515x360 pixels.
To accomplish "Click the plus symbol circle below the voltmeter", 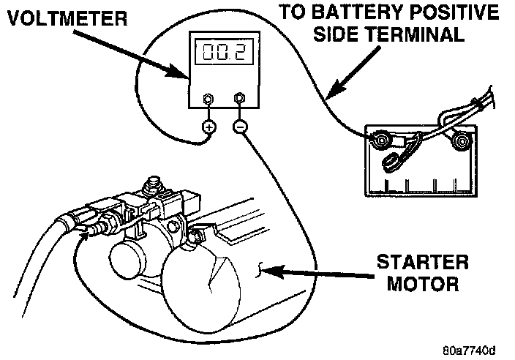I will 208,127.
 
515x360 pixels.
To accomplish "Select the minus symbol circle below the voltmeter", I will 240,127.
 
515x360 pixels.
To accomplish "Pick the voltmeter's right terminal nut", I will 239,98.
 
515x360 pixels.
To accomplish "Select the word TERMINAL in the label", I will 429,34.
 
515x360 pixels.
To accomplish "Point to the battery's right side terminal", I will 461,140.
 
